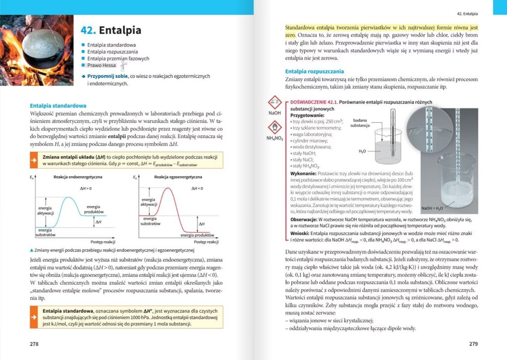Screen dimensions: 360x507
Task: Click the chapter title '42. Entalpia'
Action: tap(111, 30)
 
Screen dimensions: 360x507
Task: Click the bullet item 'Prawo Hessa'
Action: tap(101, 65)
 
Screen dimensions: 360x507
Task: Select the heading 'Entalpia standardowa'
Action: tap(58, 105)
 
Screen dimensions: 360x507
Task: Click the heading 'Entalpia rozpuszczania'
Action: tap(314, 71)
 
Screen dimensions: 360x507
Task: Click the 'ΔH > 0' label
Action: tap(86, 189)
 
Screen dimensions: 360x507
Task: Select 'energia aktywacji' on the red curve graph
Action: tap(149, 202)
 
